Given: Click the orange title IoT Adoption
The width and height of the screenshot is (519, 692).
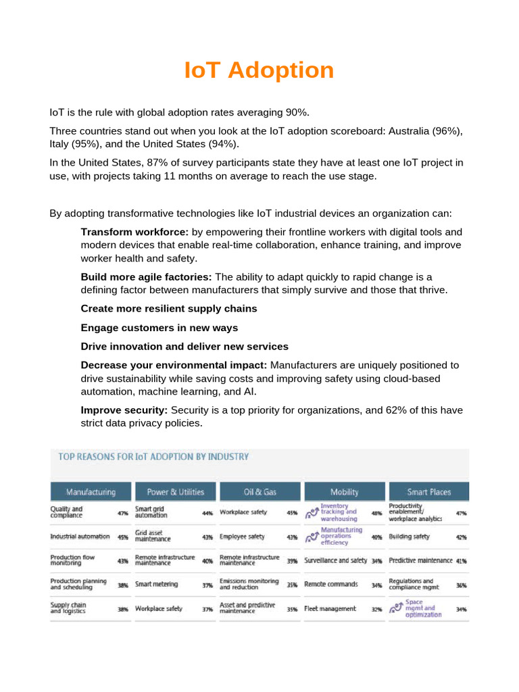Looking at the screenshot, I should (x=259, y=70).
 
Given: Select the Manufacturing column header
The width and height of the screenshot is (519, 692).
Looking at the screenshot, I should (x=90, y=492).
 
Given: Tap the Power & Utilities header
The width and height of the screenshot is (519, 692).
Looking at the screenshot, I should (x=175, y=492).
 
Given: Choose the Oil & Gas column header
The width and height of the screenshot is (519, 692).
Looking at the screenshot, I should (x=259, y=492).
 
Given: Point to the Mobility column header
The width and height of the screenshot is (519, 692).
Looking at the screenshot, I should (x=344, y=492).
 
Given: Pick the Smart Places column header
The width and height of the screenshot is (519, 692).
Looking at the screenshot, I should (x=428, y=492).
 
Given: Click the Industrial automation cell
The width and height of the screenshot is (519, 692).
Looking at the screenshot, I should (x=80, y=537).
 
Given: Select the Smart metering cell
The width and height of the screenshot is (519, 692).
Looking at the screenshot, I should (x=157, y=585).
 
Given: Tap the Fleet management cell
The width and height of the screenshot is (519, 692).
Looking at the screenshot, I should (x=330, y=608).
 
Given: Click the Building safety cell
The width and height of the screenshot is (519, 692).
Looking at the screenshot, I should (x=410, y=537).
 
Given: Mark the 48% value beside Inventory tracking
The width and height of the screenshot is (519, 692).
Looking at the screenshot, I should (x=376, y=513).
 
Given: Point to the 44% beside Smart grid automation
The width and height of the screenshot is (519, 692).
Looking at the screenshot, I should (x=207, y=513).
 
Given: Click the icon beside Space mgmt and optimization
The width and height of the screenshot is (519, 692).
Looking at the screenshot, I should (x=396, y=608).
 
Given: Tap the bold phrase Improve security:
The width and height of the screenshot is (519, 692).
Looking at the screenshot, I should (x=124, y=410).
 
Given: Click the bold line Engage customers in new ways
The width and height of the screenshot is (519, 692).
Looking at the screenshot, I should (x=159, y=328).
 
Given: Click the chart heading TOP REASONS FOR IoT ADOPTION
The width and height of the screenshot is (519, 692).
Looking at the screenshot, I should (x=153, y=457).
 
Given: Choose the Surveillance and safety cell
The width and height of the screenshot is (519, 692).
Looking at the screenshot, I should (x=335, y=561).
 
